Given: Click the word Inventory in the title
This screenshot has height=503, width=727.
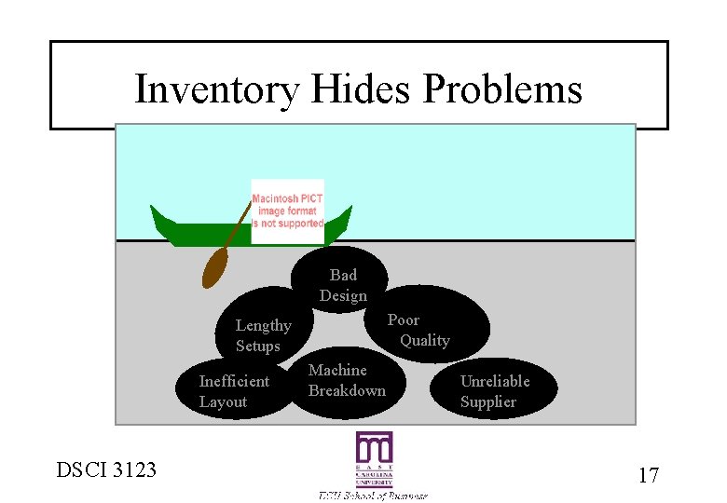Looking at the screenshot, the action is (x=215, y=90).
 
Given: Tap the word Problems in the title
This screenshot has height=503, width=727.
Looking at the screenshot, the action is (x=502, y=90).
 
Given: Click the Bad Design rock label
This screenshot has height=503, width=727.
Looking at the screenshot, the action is (x=343, y=285).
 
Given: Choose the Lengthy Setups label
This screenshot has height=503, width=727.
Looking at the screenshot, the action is (x=263, y=335).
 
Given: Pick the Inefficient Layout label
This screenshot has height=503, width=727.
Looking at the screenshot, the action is (x=234, y=391).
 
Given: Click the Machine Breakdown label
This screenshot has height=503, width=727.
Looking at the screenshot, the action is (x=347, y=380).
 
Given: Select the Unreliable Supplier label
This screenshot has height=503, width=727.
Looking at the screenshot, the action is (x=494, y=391).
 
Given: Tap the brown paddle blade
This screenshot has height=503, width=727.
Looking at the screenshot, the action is (x=215, y=268).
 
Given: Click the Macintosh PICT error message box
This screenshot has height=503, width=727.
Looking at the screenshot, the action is (x=287, y=211).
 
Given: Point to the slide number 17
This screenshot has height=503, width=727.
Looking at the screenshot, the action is (x=648, y=475).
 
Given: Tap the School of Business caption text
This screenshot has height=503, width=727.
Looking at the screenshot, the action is (x=373, y=496).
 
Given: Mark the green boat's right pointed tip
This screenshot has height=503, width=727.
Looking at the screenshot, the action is (x=348, y=212).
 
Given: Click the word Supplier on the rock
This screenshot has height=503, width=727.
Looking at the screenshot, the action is (x=487, y=401).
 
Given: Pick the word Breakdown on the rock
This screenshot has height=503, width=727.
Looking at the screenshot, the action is (x=347, y=390).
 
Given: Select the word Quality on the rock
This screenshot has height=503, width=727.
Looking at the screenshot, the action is (x=425, y=340).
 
